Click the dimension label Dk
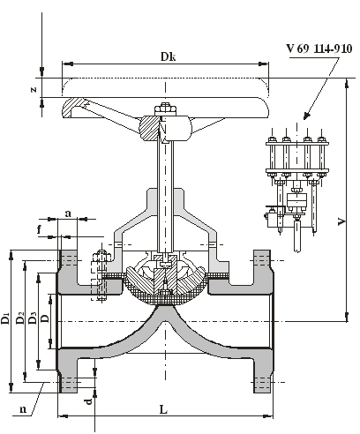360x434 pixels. pos(168,56)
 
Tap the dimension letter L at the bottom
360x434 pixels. pos(163,409)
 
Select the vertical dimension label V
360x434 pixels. pos(341,221)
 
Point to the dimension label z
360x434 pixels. pos(34,89)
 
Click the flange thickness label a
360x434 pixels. pos(68,213)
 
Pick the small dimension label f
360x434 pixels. pos(40,229)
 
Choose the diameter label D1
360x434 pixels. pos(5,319)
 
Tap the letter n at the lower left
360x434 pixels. pos(23,409)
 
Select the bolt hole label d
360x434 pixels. pos(89,400)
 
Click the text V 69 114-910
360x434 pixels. pos(319,49)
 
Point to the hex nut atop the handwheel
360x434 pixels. pos(165,109)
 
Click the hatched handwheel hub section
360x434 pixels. pos(149,128)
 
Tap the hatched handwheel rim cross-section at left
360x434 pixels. pos(72,108)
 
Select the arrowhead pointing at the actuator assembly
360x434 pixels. pos(306,116)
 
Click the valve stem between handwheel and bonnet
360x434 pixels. pos(165,194)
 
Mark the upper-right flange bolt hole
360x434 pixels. pos(262,260)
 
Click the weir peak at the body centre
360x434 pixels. pos(165,306)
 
